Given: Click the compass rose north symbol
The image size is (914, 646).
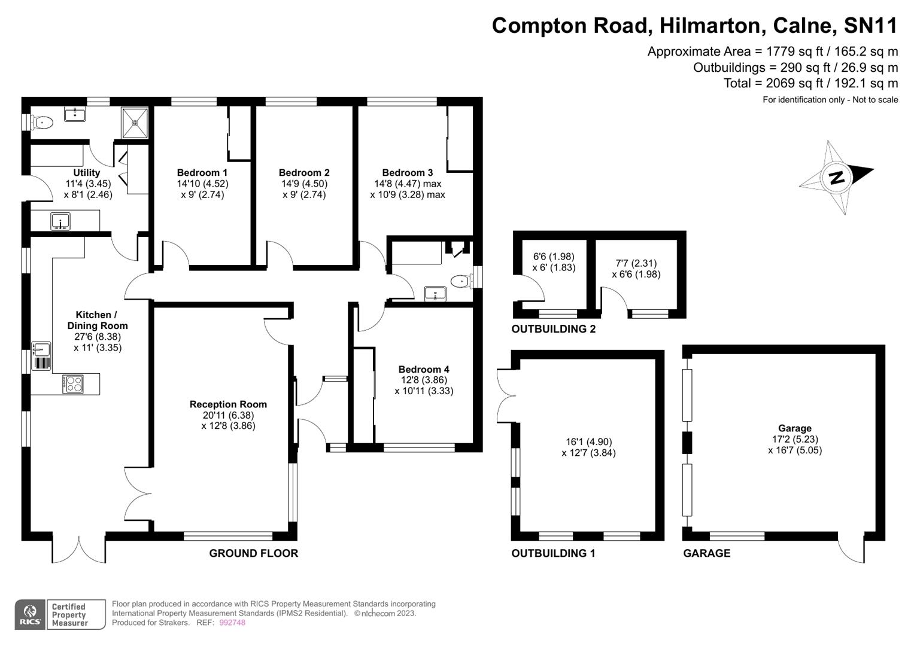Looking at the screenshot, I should point(836,178).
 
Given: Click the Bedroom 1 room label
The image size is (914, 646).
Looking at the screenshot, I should point(202,173).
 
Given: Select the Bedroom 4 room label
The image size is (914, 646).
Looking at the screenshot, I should point(423,370).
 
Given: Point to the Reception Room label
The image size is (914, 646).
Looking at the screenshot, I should point(228,404).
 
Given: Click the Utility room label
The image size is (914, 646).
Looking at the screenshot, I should point(87,173).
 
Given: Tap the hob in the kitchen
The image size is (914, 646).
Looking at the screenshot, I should point(73,383).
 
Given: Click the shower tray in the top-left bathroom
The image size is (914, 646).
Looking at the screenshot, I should point(135,123).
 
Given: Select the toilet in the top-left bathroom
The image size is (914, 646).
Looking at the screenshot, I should point(42,123).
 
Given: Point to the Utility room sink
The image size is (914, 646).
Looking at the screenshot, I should point(60,221).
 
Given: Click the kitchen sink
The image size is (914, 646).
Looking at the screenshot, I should point(41,349).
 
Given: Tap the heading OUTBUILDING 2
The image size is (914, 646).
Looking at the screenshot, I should point(553,329).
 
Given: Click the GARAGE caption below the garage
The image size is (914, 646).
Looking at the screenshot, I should point(706,553).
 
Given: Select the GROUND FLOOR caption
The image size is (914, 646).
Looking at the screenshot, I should point(253,553).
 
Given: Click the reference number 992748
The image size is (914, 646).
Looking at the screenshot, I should point(232,623).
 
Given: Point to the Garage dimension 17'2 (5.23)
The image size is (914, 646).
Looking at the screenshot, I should point(794,439).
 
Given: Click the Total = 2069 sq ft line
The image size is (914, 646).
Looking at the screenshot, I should point(810,83).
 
